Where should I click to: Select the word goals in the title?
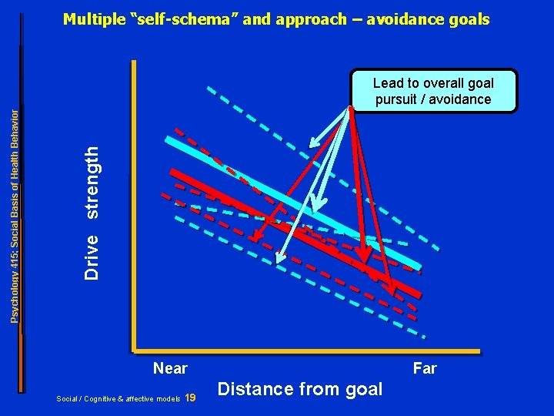467,19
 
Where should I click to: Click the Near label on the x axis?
170,368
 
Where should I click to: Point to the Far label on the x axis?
425,368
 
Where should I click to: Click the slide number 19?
192,398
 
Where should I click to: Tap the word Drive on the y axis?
92,257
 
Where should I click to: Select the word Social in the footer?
68,399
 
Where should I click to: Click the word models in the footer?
167,399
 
